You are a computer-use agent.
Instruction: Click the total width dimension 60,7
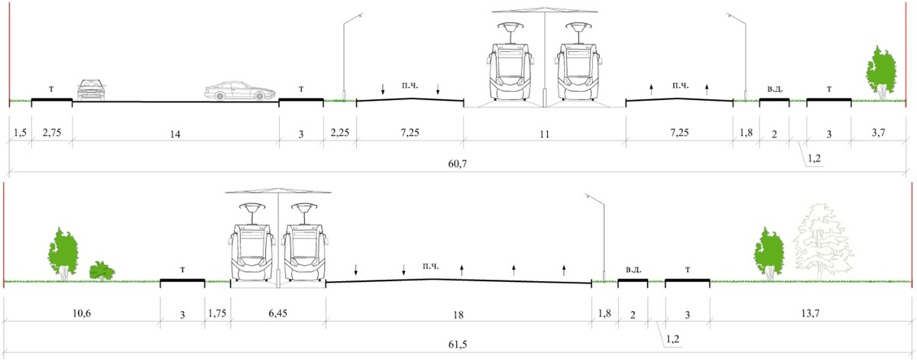click(x=457, y=164)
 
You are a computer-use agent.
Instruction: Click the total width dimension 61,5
click(x=457, y=344)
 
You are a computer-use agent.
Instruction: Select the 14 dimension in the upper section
click(x=175, y=134)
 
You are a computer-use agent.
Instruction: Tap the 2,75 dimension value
click(x=52, y=133)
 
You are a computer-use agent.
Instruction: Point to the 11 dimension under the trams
click(x=544, y=134)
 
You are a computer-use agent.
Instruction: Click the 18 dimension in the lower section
click(x=458, y=315)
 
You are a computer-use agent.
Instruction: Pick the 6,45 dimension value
click(x=278, y=313)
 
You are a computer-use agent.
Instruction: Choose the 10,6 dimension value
click(x=82, y=313)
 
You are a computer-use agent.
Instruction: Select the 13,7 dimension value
click(x=810, y=313)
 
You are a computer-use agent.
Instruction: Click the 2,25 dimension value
click(x=340, y=133)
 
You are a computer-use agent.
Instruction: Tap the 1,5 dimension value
click(x=20, y=133)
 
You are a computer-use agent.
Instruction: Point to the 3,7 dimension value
click(x=879, y=133)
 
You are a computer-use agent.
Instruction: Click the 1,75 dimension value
click(x=217, y=313)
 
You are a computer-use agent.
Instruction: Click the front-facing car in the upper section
click(x=91, y=89)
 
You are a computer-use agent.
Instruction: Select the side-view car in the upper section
click(x=235, y=91)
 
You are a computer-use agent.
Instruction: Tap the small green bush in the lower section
click(x=102, y=271)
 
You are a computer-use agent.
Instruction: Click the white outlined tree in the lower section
click(x=823, y=242)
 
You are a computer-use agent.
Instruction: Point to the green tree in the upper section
click(x=881, y=73)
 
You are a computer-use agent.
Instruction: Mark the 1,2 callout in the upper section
click(x=815, y=158)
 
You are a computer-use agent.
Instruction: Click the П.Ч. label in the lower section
click(x=431, y=266)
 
